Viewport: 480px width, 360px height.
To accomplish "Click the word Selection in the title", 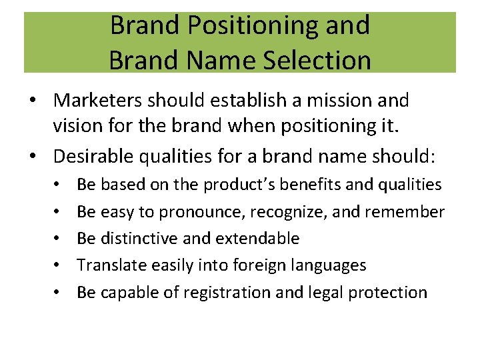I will click(318, 60).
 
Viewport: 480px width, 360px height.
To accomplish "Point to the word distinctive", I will click(141, 239).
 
